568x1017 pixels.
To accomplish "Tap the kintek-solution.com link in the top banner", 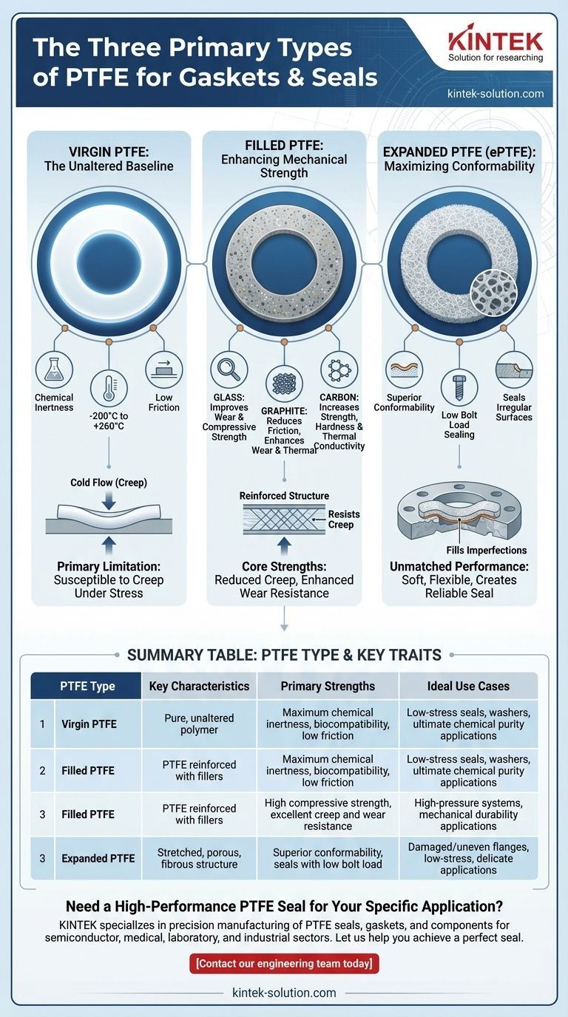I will (x=496, y=94).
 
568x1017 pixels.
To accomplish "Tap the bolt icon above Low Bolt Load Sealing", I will (x=459, y=385).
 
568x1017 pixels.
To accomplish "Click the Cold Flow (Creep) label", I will (x=109, y=483).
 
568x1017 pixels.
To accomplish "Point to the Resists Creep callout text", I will (x=341, y=519).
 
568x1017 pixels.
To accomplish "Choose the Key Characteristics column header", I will (x=199, y=686).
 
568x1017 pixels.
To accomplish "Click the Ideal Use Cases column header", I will (x=469, y=686).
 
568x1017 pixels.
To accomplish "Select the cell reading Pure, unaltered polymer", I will (x=199, y=724).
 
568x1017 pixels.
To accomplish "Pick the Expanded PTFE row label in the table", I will (x=98, y=858).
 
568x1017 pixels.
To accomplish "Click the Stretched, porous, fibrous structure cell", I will (x=199, y=858).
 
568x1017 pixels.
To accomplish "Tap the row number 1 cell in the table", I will (x=42, y=724).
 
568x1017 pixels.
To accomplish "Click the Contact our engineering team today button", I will (x=284, y=963).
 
